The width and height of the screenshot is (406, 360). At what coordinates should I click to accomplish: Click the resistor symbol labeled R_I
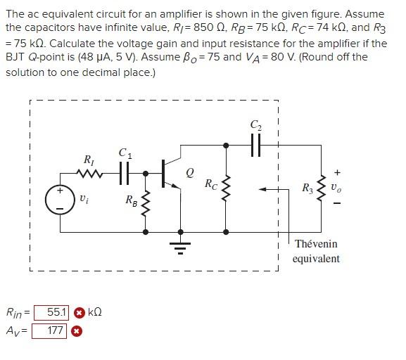89,173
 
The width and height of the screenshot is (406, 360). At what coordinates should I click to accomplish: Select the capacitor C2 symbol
255,146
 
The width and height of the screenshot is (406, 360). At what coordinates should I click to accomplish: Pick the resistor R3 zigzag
322,188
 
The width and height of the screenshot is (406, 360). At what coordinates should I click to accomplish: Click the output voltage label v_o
338,188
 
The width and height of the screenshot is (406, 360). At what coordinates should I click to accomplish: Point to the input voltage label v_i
84,200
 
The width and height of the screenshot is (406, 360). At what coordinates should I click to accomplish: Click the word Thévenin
316,244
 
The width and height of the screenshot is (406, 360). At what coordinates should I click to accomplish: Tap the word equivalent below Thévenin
316,259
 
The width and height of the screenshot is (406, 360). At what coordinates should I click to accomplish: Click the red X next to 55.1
80,312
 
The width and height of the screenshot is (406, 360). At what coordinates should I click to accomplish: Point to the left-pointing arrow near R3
269,189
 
